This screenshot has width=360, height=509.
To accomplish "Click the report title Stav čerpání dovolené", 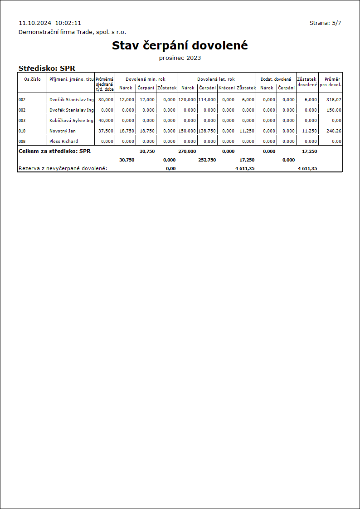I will click(x=180, y=46).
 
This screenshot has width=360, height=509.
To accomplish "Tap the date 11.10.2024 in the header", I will click(x=35, y=23).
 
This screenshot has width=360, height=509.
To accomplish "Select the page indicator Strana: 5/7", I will click(x=325, y=23).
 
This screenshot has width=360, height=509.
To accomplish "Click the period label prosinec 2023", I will click(x=180, y=58).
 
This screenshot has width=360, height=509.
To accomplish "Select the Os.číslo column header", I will click(x=32, y=79).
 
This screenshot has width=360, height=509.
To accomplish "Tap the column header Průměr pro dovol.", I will click(x=330, y=82).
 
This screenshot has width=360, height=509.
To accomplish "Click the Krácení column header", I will click(x=226, y=88).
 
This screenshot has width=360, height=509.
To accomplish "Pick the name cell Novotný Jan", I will click(x=62, y=131).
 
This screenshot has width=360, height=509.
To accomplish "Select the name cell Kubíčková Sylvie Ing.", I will click(x=71, y=120).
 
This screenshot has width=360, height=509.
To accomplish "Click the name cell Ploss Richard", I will click(x=63, y=141).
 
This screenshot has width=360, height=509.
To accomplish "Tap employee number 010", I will click(x=22, y=131).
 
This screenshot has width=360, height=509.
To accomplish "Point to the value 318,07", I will click(x=334, y=99).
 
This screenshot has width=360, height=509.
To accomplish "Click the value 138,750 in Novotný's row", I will click(x=207, y=131).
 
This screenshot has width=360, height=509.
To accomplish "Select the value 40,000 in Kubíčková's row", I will click(x=106, y=120).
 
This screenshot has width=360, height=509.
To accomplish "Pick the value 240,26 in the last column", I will click(x=334, y=131).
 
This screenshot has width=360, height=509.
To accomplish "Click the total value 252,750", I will click(x=207, y=160).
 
